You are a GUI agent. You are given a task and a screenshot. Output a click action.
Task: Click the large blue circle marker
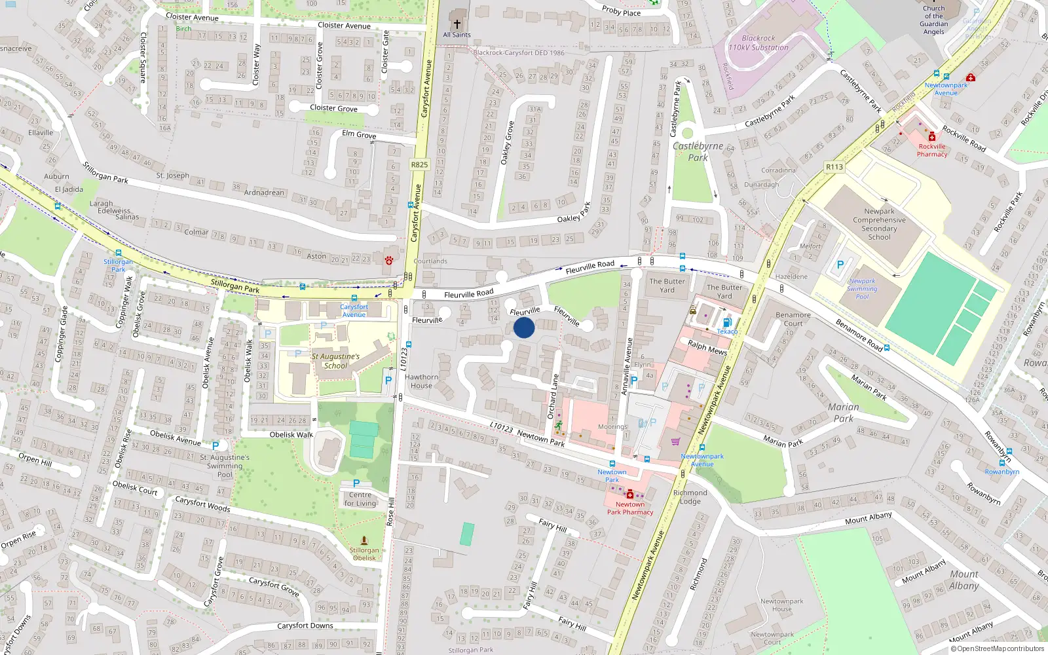click(524, 327)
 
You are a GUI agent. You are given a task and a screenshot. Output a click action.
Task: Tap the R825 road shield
click(419, 165)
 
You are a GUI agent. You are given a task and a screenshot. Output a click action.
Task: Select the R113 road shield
click(834, 167)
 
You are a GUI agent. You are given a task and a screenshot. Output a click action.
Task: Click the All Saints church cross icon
click(457, 24)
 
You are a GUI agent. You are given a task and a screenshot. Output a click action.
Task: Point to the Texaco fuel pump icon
click(726, 322)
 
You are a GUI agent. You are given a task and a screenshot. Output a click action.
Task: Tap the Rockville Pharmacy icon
click(932, 137)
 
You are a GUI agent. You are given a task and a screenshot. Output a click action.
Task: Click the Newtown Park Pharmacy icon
click(630, 495)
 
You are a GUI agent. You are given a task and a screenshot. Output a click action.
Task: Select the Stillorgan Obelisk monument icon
click(364, 540)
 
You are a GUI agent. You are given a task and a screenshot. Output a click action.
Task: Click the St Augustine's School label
click(335, 361)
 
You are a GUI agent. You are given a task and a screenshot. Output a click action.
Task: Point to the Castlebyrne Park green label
click(698, 152)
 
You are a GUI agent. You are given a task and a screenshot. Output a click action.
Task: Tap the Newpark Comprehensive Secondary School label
click(879, 224)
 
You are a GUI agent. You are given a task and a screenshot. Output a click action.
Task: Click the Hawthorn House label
click(421, 381)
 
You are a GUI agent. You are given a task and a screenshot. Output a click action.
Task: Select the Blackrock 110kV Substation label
click(758, 43)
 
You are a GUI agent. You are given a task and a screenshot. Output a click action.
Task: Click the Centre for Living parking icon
click(356, 483)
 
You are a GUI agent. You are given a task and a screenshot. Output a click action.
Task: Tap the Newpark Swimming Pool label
click(862, 289)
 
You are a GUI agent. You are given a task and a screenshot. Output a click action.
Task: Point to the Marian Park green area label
click(843, 413)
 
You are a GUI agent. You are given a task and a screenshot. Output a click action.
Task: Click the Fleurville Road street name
click(468, 294)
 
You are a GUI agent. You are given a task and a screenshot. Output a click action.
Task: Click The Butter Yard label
click(667, 286)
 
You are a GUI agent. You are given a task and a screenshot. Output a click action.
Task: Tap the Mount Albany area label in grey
click(964, 580)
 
